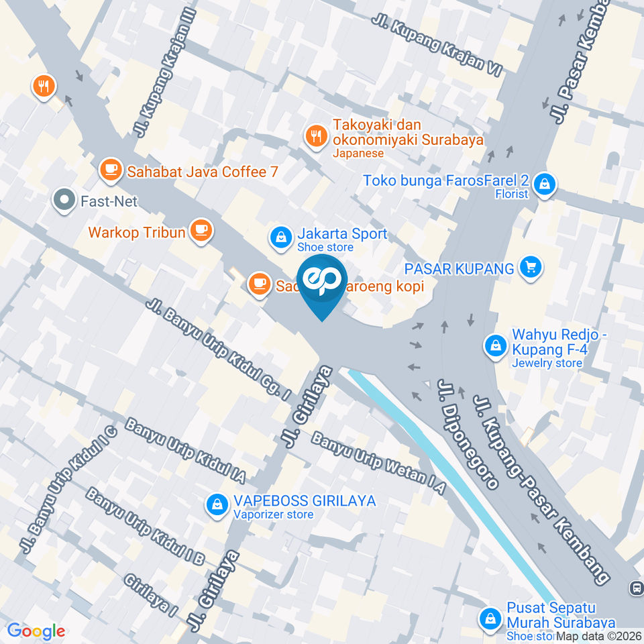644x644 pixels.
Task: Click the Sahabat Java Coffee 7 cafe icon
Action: coord(110,172)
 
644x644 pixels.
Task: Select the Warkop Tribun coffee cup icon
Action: coord(200,231)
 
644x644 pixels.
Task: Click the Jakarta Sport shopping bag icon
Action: coord(280,236)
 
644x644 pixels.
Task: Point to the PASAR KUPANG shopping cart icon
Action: coord(531,268)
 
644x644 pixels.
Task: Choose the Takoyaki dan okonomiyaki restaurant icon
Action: coord(315,137)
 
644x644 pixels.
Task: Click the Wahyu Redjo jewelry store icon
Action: coord(495,346)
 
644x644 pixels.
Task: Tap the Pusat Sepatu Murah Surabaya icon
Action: coord(490,618)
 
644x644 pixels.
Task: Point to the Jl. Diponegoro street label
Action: coord(468,433)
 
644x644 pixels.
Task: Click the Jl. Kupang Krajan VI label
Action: coord(437,46)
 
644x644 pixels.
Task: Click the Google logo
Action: coord(36,631)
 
